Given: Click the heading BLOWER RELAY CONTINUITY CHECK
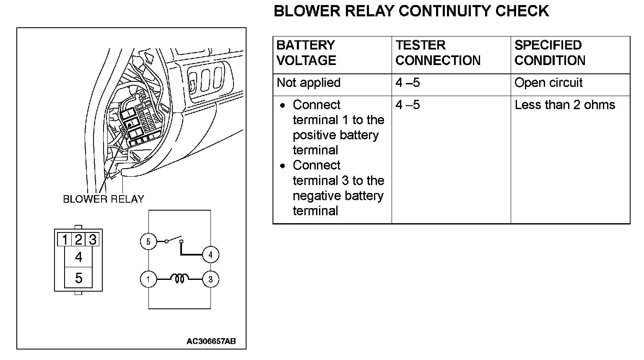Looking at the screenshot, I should click(411, 11).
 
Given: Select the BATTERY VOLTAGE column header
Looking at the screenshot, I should click(306, 53).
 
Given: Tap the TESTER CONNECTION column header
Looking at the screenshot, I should click(438, 53).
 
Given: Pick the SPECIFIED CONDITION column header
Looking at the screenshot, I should click(550, 53).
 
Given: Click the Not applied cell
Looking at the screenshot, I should click(309, 83).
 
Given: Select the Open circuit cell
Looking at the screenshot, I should click(548, 83).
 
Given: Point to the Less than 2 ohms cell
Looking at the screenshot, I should click(565, 105).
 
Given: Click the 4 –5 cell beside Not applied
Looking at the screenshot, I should click(408, 83).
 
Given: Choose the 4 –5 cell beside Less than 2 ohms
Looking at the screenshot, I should click(408, 105).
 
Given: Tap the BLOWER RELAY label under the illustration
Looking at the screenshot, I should click(104, 199).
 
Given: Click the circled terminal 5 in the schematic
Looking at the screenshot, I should click(148, 241).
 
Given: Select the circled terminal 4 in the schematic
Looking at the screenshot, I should click(210, 254).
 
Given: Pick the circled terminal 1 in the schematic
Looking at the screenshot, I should click(148, 279).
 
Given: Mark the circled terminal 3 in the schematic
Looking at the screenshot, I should click(210, 279).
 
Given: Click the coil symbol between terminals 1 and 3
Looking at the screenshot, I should click(179, 278).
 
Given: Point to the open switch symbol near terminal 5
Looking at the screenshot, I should click(174, 241).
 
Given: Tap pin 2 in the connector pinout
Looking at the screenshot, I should click(78, 240).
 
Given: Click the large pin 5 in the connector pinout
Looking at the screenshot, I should click(78, 278).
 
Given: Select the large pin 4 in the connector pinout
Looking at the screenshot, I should click(78, 257).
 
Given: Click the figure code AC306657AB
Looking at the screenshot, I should click(211, 341).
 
